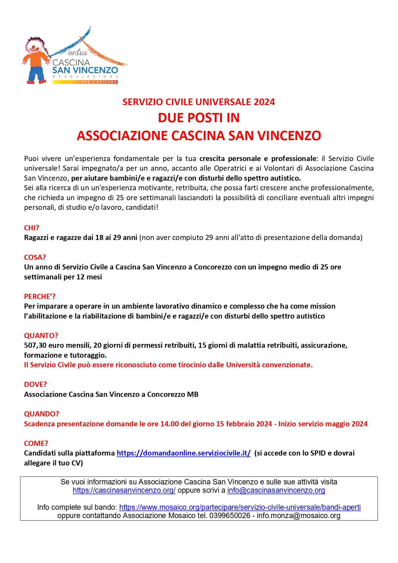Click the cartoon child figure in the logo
click(x=35, y=61)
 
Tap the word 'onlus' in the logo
click(x=78, y=52)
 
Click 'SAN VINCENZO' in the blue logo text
click(x=85, y=70)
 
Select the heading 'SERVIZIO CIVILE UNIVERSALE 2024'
click(x=199, y=102)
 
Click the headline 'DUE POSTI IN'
click(x=199, y=118)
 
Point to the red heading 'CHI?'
click(x=31, y=228)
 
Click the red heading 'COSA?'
click(x=35, y=257)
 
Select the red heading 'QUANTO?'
click(x=41, y=336)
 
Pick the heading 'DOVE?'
click(x=35, y=384)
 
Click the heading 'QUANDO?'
click(x=42, y=414)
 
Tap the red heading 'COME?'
click(x=36, y=443)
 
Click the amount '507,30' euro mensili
click(x=35, y=345)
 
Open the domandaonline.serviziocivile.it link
click(x=183, y=453)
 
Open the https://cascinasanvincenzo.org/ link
click(x=124, y=490)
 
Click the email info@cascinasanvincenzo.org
click(x=276, y=490)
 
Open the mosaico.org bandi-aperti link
click(x=240, y=507)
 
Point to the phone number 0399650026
click(x=230, y=516)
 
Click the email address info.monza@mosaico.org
click(x=299, y=516)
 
